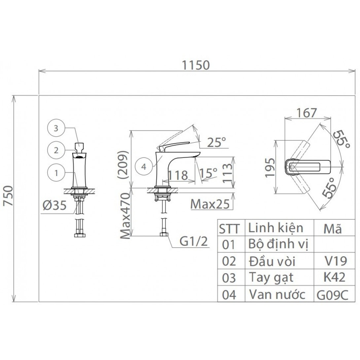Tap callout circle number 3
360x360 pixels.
click(56, 129)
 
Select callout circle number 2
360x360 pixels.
click(56, 150)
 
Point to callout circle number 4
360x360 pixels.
click(143, 166)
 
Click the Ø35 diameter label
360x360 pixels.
click(54, 206)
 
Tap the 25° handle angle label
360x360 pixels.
click(217, 142)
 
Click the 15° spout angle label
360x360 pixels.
click(209, 172)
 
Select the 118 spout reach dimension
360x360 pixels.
click(178, 175)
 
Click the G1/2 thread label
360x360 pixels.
click(194, 242)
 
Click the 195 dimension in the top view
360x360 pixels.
click(270, 167)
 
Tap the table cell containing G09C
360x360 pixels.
click(332, 294)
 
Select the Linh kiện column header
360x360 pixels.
click(275, 228)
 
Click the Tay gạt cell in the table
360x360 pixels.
click(271, 278)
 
